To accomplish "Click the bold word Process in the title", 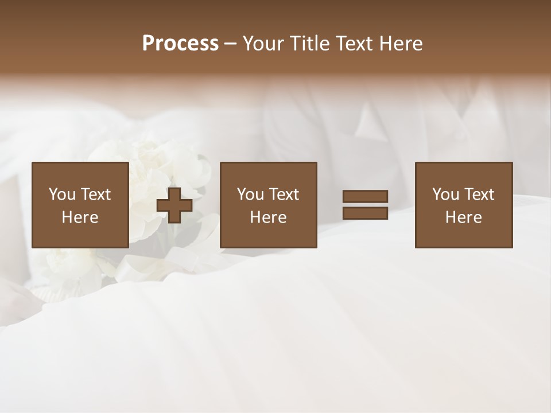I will point(180,44).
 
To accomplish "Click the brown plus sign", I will point(174,205).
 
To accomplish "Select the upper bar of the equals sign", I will point(365,197).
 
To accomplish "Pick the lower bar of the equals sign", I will point(365,213).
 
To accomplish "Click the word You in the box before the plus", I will point(62,194).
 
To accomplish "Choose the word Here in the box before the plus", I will point(80,217).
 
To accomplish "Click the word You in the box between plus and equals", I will point(250,194).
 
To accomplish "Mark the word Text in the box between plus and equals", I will point(284,194).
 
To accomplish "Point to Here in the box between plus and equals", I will point(268,217).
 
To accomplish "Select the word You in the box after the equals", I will point(445,194).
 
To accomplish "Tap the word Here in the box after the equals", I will point(463,217).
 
